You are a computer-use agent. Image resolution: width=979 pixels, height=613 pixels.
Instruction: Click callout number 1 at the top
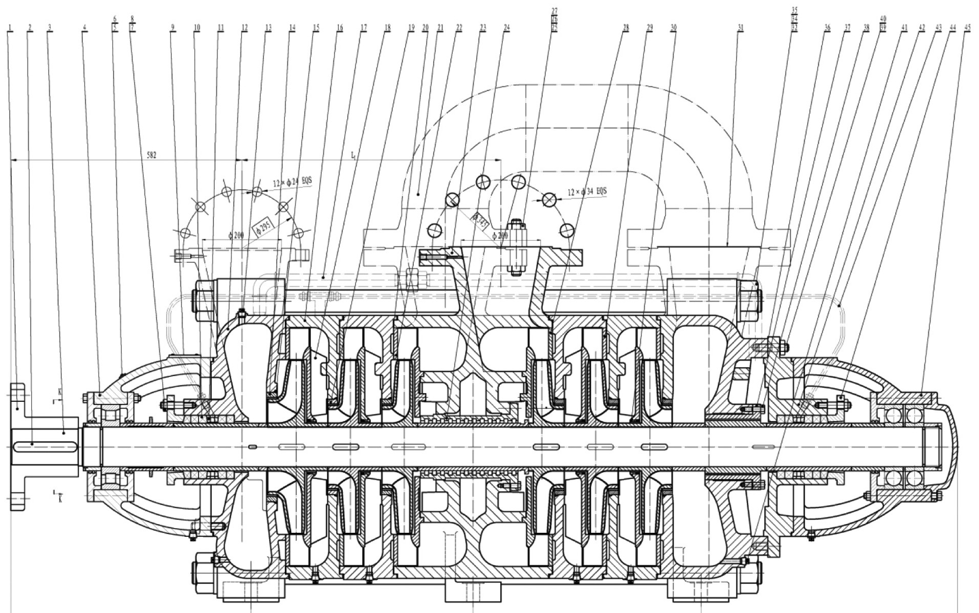click(x=10, y=27)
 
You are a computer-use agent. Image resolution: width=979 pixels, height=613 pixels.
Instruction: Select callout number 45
click(x=967, y=27)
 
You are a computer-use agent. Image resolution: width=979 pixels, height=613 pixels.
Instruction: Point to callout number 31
click(x=740, y=27)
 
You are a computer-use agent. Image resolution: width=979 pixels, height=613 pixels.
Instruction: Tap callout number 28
click(x=626, y=27)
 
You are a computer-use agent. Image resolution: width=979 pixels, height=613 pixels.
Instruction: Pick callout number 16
click(x=340, y=27)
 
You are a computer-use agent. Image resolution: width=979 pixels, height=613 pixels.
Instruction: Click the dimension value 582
click(x=151, y=155)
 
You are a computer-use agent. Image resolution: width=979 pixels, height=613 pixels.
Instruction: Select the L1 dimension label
click(x=353, y=154)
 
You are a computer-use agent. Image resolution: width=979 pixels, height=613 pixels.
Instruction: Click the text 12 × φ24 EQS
click(x=292, y=182)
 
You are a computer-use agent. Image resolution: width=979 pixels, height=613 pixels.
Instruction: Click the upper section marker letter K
click(x=60, y=392)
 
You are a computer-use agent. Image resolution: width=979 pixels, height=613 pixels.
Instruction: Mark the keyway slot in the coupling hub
click(x=46, y=447)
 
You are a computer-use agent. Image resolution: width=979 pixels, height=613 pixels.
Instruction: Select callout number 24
click(x=506, y=27)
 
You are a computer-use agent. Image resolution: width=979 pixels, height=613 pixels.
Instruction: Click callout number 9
click(x=173, y=27)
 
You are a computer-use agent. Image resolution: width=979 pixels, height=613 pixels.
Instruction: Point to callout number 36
click(x=827, y=27)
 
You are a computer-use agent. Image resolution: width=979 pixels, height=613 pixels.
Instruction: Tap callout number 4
click(x=84, y=27)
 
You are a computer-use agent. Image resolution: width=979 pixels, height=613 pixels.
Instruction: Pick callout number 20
click(x=425, y=27)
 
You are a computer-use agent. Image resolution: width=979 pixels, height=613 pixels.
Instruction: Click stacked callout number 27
click(x=554, y=11)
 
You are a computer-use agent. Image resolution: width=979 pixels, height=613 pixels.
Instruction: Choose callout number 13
click(x=268, y=27)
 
